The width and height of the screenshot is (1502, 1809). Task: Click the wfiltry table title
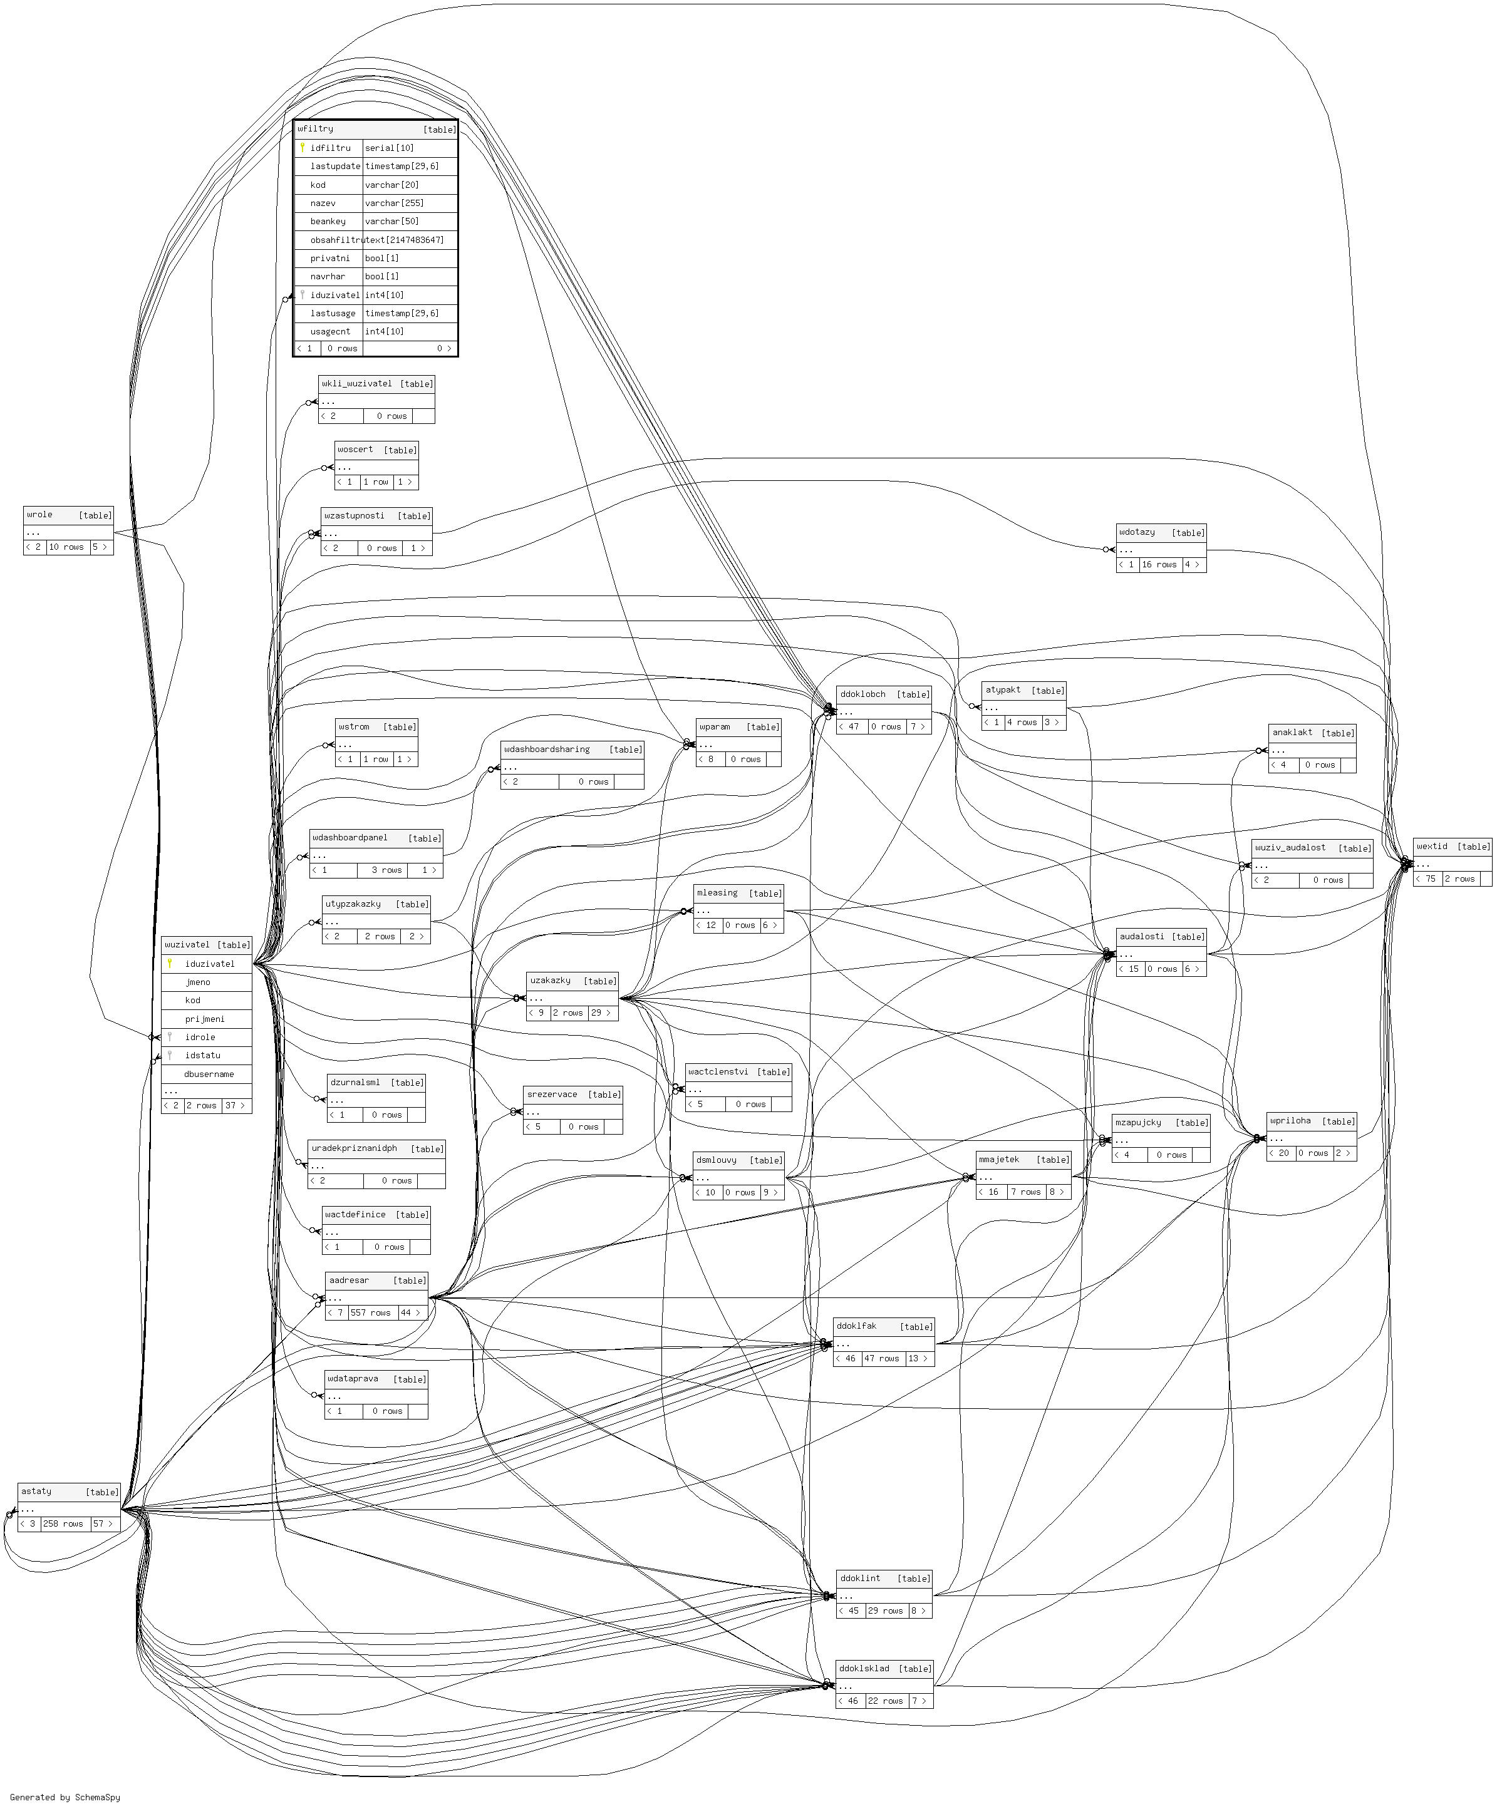click(316, 129)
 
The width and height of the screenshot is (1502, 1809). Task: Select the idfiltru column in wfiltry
click(331, 148)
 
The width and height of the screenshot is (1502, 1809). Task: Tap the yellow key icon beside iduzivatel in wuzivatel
click(170, 964)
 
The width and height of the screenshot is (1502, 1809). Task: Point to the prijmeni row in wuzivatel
click(204, 1019)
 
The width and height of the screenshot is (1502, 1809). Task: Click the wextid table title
click(1432, 847)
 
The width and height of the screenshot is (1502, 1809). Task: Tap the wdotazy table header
click(1137, 532)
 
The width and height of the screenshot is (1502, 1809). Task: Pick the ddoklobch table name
click(862, 694)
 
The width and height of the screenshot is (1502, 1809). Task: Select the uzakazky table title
click(550, 981)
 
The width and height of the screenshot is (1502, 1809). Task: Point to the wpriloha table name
click(1290, 1121)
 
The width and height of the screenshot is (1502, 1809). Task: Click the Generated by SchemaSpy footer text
click(65, 1797)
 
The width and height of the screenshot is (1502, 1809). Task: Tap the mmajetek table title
click(999, 1160)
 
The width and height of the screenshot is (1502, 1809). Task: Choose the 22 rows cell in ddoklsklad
click(885, 1701)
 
